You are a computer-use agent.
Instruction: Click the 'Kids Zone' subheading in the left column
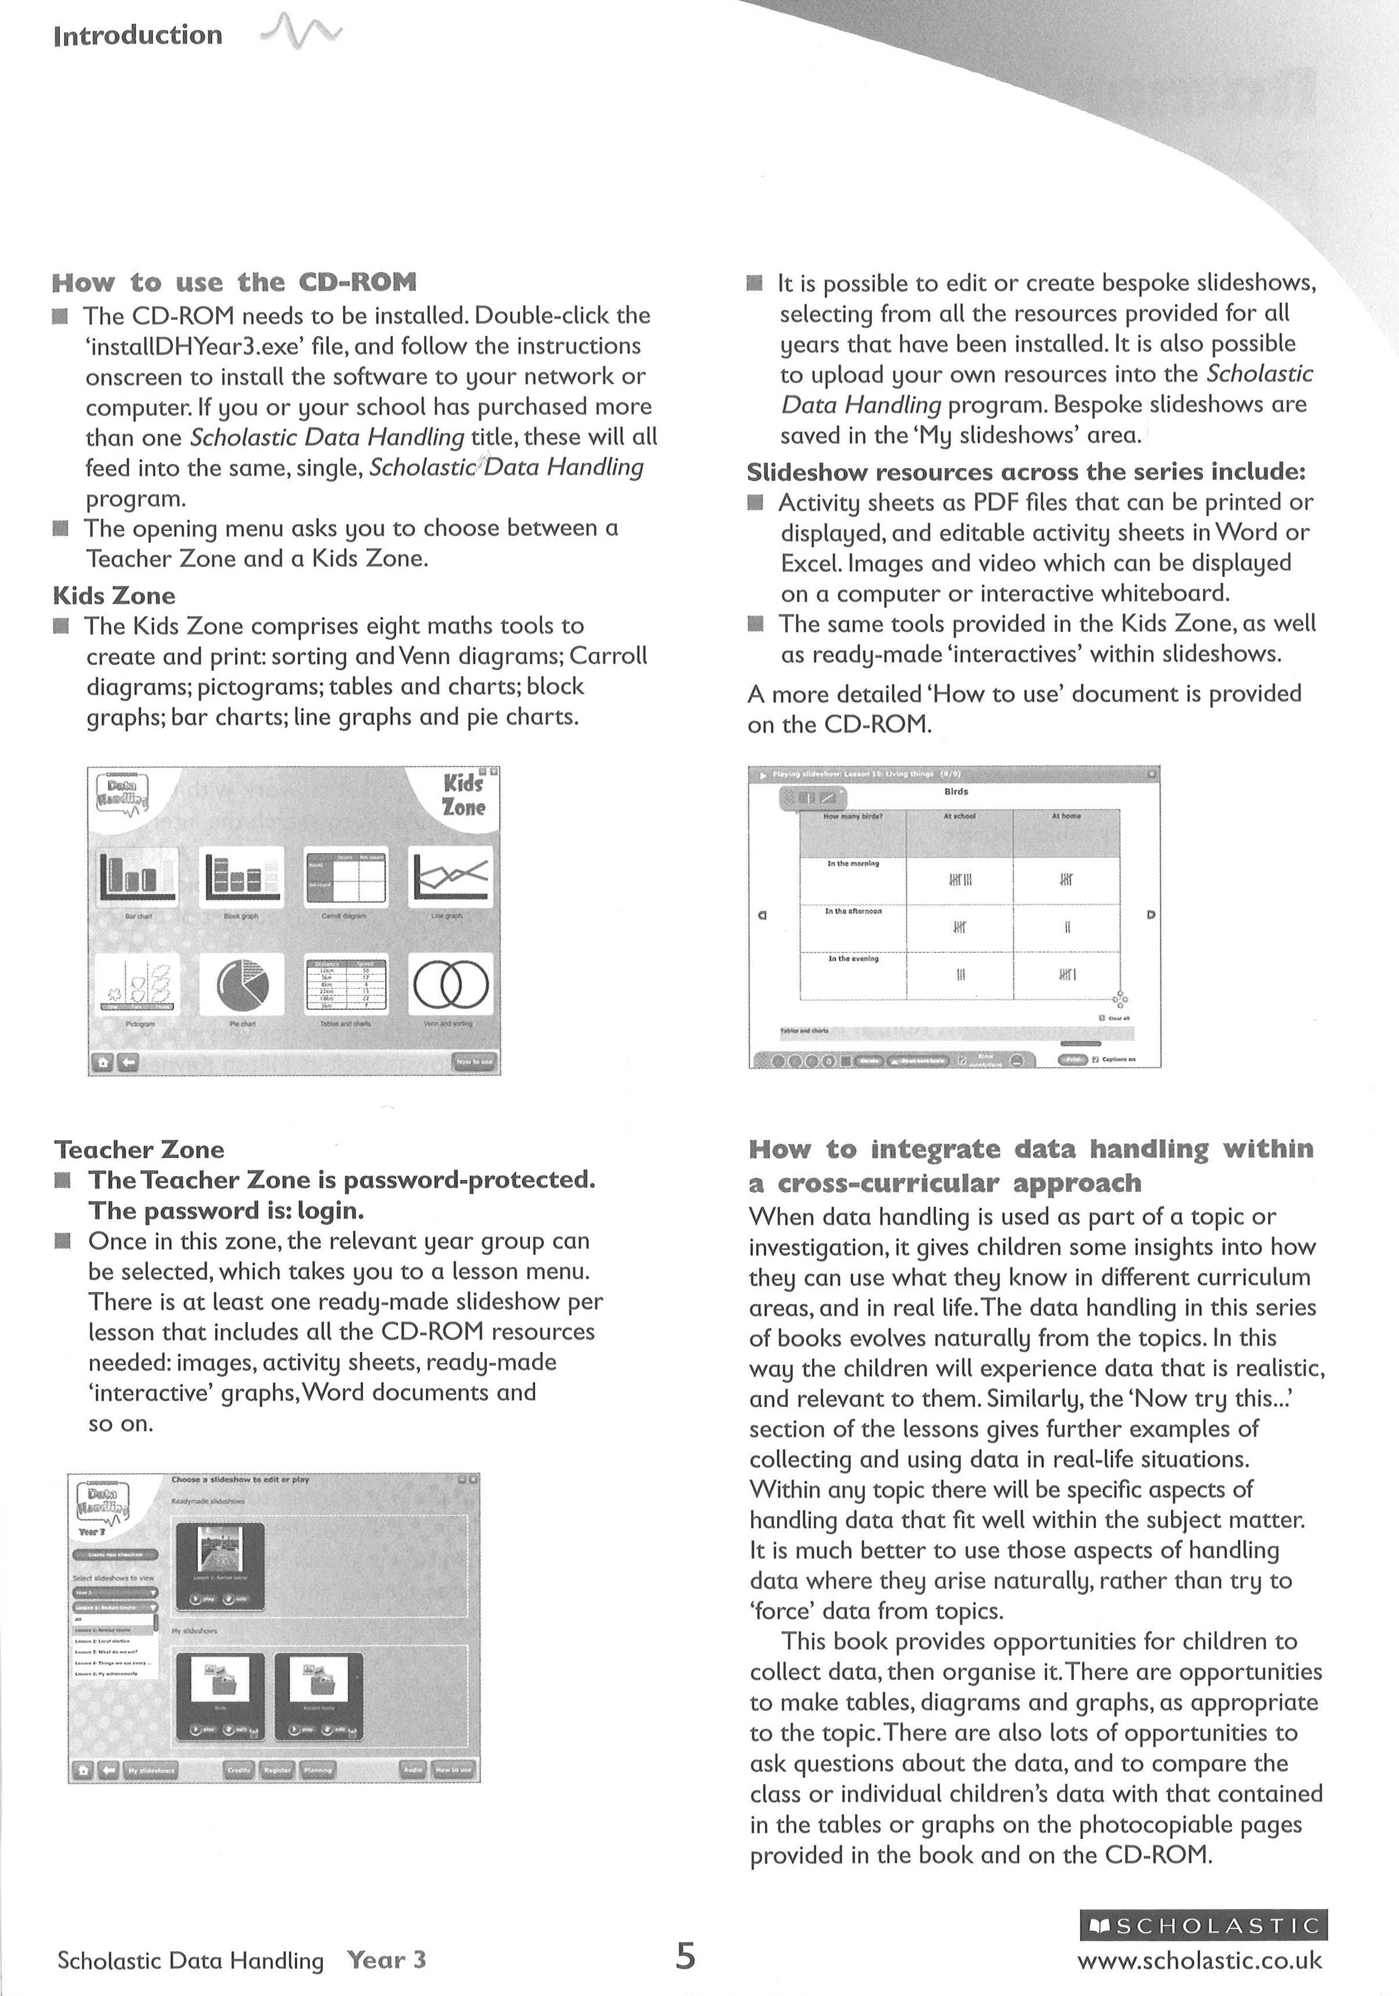(114, 596)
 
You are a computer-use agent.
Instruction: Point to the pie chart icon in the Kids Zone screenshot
(242, 985)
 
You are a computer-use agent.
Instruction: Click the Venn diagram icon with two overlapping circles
(450, 985)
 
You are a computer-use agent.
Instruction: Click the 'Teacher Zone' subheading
(139, 1150)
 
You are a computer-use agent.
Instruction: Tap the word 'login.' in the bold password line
(330, 1211)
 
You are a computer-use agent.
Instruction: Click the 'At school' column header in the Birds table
(959, 817)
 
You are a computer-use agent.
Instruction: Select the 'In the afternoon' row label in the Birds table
(853, 911)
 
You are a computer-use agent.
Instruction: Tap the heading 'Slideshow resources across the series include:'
(1026, 472)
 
